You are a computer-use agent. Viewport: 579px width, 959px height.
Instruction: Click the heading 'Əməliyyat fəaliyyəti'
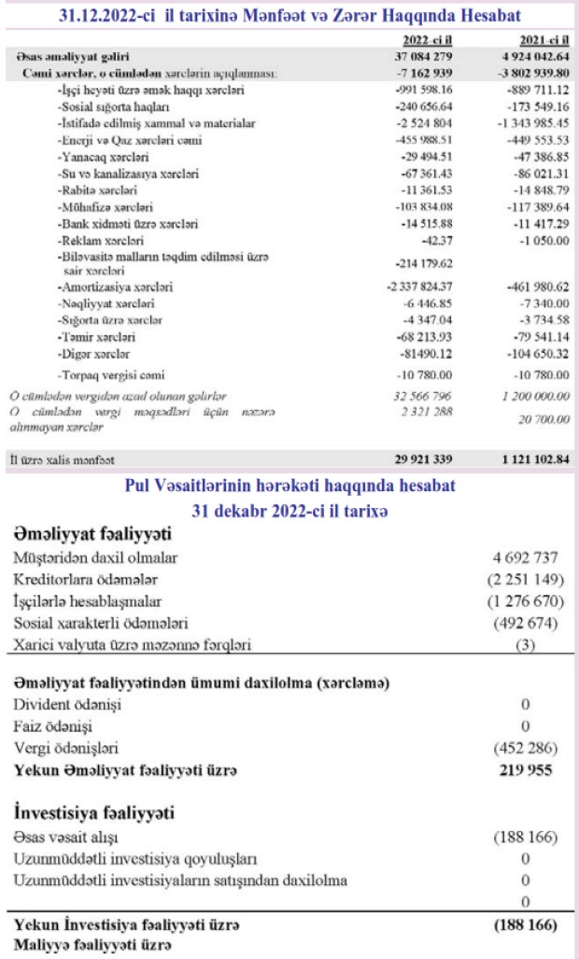[92, 534]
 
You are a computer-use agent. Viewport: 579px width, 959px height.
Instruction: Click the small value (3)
[530, 645]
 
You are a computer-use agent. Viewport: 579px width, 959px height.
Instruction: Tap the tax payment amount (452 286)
[526, 748]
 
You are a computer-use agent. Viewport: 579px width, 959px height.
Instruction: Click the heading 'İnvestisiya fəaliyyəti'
[95, 812]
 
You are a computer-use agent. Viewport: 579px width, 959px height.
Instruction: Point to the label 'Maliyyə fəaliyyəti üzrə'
[81, 947]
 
